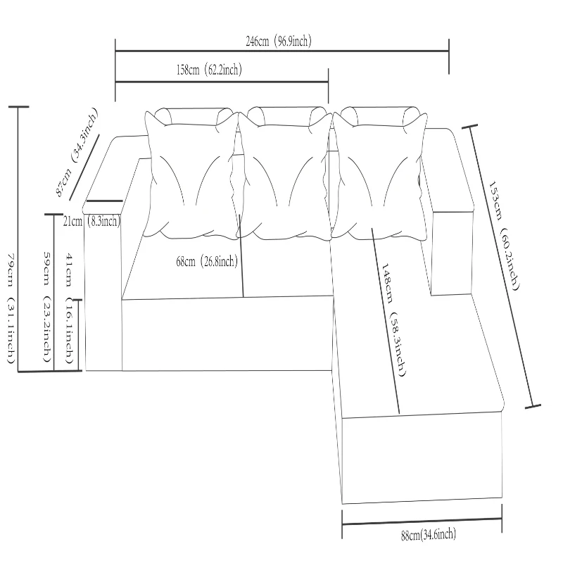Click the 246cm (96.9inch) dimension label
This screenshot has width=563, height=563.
pos(278,42)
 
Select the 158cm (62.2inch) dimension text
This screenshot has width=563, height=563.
pos(209,69)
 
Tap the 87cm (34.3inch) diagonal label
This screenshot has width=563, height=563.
pos(76,152)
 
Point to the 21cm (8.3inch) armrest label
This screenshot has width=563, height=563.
pos(91,221)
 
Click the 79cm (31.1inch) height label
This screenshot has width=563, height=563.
pos(11,308)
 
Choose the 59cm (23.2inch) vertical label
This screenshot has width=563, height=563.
pos(46,307)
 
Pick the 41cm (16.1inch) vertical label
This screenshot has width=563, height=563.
pos(69,308)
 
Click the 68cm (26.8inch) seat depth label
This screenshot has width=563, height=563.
pos(207,261)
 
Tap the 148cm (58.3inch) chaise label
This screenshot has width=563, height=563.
pos(393,320)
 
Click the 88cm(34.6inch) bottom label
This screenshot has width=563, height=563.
pos(429,535)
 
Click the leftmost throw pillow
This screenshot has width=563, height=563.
pos(192,175)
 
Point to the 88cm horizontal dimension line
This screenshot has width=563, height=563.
pos(422,521)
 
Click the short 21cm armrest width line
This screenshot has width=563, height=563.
pos(104,201)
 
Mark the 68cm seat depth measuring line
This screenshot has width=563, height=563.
pos(241,255)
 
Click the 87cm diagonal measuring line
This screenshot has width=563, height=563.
pos(84,167)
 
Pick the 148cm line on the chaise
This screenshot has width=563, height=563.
pos(385,321)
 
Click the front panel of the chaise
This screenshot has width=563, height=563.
pos(422,458)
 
